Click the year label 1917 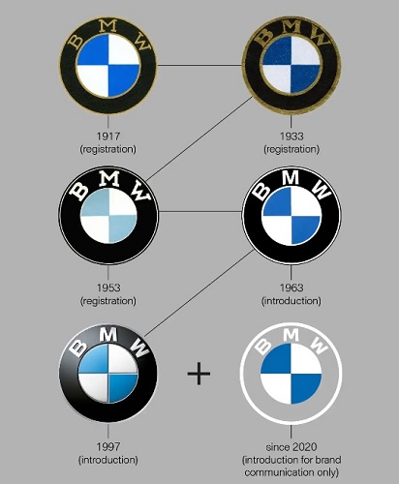(x=108, y=136)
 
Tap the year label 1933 (x=292, y=136)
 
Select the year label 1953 (x=108, y=287)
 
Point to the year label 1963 (x=292, y=287)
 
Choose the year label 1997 (x=108, y=446)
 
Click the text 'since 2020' (x=292, y=446)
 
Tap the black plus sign (x=199, y=374)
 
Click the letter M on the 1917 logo (x=108, y=26)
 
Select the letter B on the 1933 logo (x=265, y=36)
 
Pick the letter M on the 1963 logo (x=292, y=177)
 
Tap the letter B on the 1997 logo (x=78, y=348)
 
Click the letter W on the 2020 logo (x=319, y=346)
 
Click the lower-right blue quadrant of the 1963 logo (x=305, y=229)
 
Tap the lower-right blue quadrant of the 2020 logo (x=305, y=388)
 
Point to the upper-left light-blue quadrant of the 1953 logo (x=96, y=202)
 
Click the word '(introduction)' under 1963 (x=292, y=301)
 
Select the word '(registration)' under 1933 (x=292, y=149)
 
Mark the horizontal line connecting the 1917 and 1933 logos (x=199, y=66)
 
